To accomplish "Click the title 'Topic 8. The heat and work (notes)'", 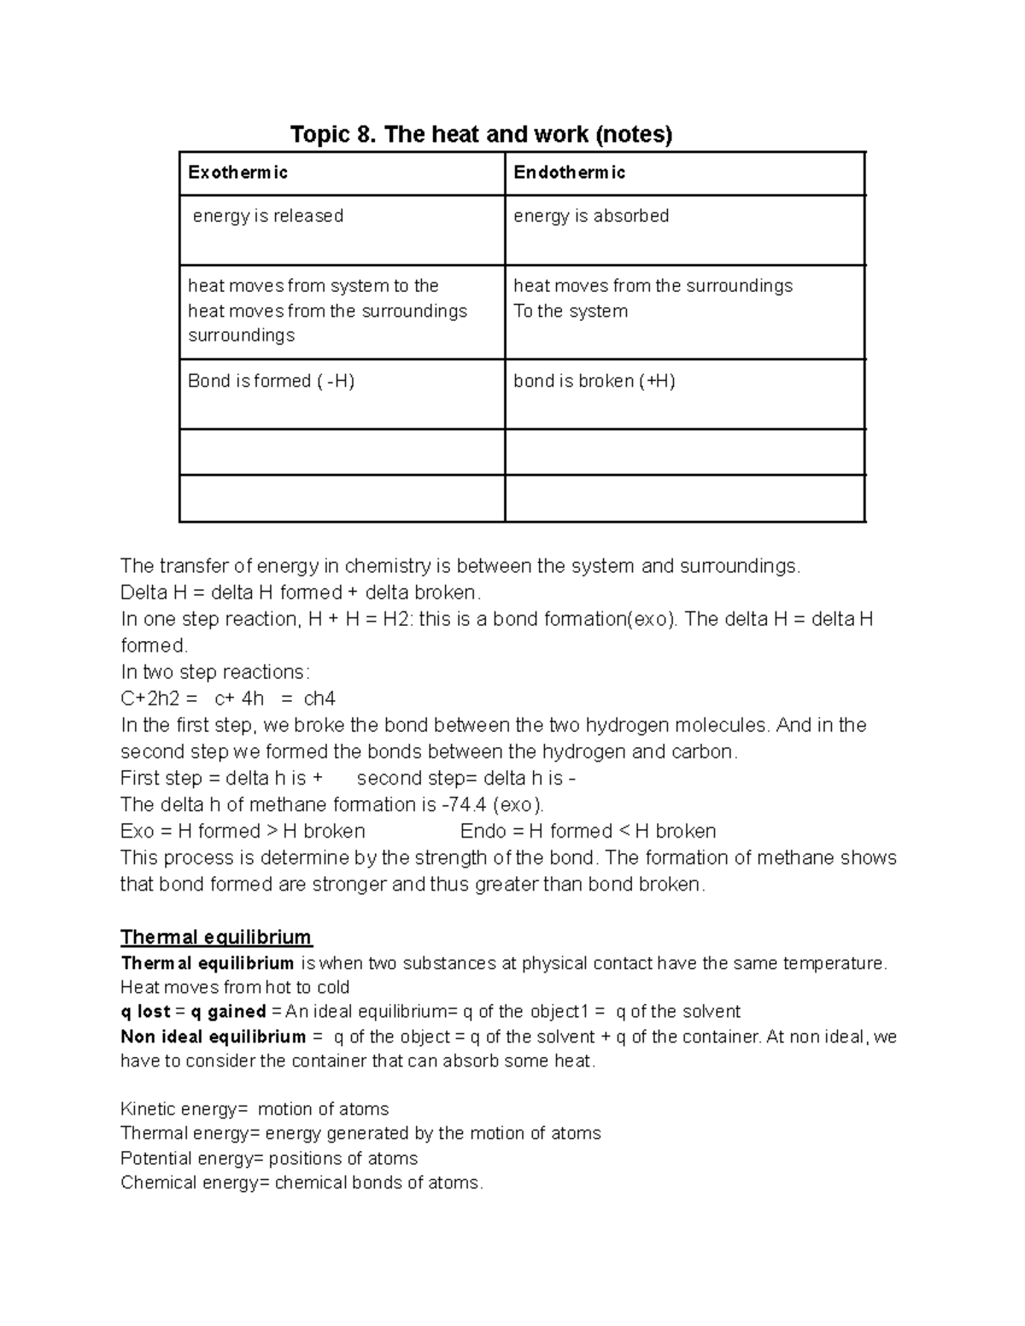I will (481, 134).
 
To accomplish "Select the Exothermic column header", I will (237, 173).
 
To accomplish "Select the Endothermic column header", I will (569, 173).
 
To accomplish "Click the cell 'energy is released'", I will (267, 216).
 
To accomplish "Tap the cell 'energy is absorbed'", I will (590, 216).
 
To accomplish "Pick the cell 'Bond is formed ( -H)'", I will (271, 381).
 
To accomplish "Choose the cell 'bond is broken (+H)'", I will (594, 381).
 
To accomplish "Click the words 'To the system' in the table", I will (570, 311).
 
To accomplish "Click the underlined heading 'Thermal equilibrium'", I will (216, 938).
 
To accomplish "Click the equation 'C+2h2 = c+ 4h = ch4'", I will (228, 698).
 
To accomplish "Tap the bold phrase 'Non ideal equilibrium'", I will (213, 1037).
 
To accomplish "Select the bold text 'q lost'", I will (145, 1012).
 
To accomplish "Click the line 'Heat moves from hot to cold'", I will (235, 988).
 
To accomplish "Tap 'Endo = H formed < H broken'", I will (588, 831).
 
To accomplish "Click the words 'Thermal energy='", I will (190, 1134).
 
